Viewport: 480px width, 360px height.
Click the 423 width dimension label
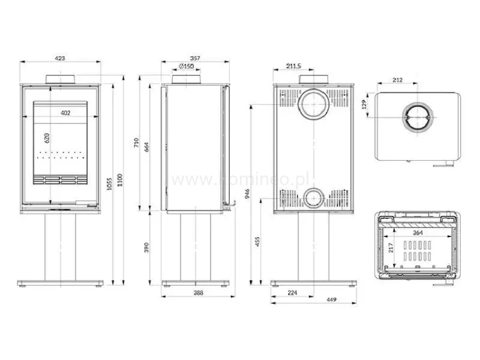tap(60, 58)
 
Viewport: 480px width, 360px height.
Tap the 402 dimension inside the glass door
tap(65, 113)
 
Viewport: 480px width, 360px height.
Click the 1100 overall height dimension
tap(120, 184)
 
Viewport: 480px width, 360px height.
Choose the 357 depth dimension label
tap(195, 58)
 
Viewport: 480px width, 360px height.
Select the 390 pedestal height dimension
tap(147, 247)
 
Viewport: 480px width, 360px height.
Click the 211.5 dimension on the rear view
tap(294, 65)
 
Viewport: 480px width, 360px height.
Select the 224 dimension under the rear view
tap(293, 293)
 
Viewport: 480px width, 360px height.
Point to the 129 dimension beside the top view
tap(364, 103)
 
